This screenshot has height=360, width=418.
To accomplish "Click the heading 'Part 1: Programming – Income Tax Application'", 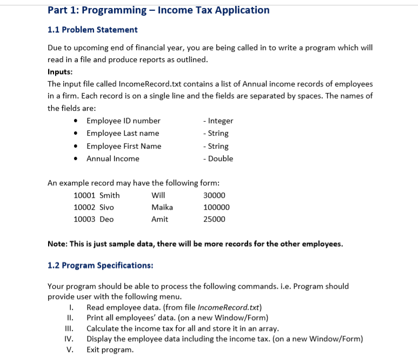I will (158, 10).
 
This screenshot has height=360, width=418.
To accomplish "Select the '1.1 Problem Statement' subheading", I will (92, 30).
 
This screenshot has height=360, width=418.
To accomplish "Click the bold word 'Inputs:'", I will (60, 71).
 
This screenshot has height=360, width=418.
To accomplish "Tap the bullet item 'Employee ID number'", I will (123, 121).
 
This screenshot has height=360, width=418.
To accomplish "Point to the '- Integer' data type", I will (218, 121).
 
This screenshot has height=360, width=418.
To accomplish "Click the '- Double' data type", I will (218, 159).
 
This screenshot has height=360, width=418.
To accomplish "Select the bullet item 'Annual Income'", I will (112, 159).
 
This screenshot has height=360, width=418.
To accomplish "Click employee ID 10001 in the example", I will (84, 195).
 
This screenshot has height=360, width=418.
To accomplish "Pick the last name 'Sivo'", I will (107, 207).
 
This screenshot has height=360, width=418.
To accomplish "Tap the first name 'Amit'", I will (160, 219).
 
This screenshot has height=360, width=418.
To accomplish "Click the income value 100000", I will (216, 207).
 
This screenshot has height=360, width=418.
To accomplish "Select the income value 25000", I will (214, 219).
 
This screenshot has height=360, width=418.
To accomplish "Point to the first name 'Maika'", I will (162, 207).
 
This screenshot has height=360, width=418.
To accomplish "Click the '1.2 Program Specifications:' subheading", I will (100, 265).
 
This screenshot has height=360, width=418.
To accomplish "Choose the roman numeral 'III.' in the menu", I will (68, 329).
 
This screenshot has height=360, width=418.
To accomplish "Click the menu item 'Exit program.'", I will (110, 350).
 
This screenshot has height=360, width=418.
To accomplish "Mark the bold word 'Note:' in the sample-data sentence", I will (57, 244).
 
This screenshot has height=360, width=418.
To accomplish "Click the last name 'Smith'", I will (110, 195).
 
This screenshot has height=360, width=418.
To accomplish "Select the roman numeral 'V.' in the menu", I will (70, 350).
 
